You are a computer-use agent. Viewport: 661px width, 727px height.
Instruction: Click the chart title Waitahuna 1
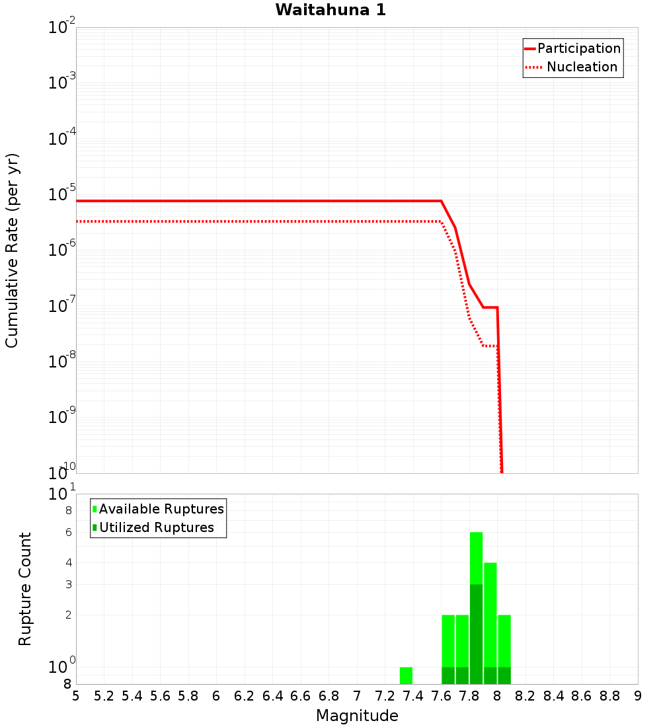click(x=330, y=10)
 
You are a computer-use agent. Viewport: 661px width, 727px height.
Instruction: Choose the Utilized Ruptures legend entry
click(x=156, y=527)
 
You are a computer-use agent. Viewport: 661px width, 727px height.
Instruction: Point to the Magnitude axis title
click(x=357, y=715)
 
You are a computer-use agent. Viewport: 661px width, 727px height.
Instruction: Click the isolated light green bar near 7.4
click(x=406, y=675)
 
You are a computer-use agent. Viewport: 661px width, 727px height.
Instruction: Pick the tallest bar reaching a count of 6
click(x=476, y=562)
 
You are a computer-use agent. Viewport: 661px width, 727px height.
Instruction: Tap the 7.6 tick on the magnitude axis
click(x=441, y=696)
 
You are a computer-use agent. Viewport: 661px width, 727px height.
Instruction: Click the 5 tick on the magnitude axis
click(x=76, y=696)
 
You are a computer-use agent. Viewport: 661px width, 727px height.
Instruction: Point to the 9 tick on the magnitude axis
click(x=638, y=696)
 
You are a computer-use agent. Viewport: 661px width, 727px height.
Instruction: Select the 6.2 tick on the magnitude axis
click(x=244, y=696)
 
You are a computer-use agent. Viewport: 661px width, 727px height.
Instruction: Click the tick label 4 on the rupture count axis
click(x=67, y=562)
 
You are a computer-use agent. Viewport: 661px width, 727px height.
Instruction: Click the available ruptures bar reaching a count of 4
click(x=490, y=595)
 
